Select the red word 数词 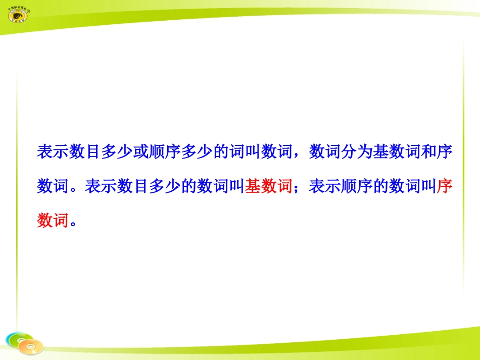click(x=53, y=221)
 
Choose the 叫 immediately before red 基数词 click(x=237, y=187)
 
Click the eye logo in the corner click(x=19, y=15)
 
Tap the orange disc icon click(x=32, y=346)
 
